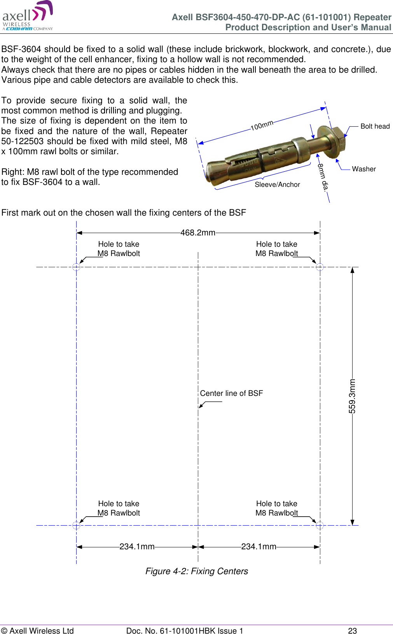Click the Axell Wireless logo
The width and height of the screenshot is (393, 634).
27,16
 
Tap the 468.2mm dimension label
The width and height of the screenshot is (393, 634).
197,233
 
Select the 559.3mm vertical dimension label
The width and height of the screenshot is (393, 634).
352,396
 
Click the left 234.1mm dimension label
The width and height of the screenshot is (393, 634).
137,547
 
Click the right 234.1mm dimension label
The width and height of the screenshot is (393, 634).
259,547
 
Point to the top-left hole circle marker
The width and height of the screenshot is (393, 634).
76,267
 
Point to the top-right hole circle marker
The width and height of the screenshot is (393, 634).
320,267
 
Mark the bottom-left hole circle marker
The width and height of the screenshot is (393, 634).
76,525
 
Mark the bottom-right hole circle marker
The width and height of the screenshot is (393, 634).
320,525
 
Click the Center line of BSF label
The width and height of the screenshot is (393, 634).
231,393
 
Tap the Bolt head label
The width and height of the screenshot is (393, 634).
375,126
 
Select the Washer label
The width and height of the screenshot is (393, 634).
364,169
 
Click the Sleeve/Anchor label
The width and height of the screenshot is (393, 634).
277,185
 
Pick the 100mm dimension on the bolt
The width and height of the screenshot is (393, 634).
262,125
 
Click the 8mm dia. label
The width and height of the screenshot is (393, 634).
323,177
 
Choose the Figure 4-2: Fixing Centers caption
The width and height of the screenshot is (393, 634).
197,571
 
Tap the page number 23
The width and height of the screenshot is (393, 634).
352,631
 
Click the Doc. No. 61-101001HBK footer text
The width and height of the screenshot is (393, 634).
185,631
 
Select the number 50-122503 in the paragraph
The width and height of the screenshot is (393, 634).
23,141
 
